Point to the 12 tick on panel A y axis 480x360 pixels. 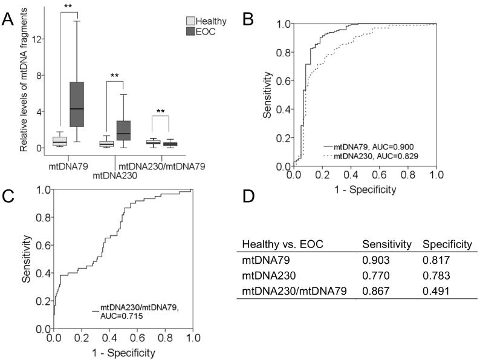[38, 39]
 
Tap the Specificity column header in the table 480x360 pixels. [447, 244]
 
